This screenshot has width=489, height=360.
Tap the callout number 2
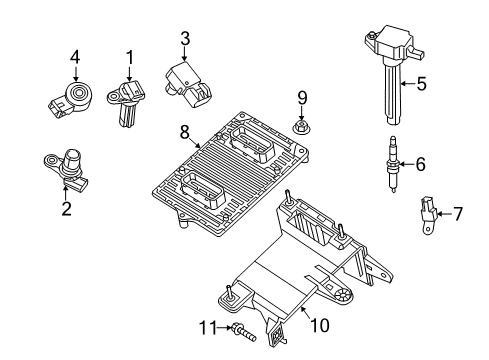tap(66, 209)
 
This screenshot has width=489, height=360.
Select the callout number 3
tap(184, 38)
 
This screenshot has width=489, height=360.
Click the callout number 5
tap(421, 85)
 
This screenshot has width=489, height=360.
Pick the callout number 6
tap(420, 163)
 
